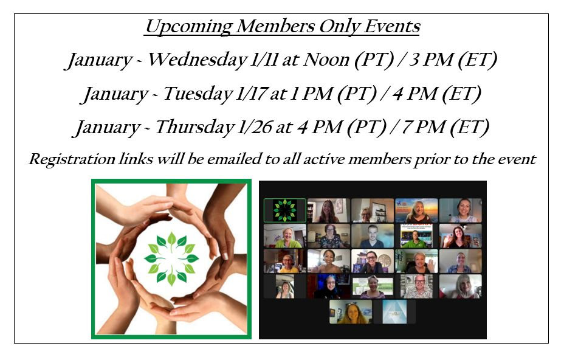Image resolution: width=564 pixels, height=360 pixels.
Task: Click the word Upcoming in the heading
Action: click(x=188, y=27)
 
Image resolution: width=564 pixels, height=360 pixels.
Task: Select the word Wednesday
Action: click(x=198, y=60)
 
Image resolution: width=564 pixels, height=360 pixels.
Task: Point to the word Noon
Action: click(x=326, y=60)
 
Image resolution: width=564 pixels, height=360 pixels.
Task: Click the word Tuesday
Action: click(x=198, y=94)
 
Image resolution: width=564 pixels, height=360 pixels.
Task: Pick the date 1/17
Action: click(x=251, y=94)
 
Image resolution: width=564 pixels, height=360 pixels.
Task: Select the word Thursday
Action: click(x=194, y=127)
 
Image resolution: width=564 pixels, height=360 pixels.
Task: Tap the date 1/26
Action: click(x=254, y=127)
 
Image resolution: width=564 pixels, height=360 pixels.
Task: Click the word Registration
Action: click(x=72, y=159)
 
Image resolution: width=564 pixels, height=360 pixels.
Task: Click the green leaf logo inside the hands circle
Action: click(x=171, y=258)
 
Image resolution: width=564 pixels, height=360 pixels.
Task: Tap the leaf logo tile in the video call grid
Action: click(x=285, y=210)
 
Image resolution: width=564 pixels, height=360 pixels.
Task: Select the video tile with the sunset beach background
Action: click(x=416, y=210)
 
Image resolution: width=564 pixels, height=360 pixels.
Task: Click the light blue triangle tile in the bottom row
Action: click(x=394, y=312)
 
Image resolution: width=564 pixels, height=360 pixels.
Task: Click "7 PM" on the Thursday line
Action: click(x=424, y=127)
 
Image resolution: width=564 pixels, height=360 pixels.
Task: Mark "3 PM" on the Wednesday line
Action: click(x=432, y=60)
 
